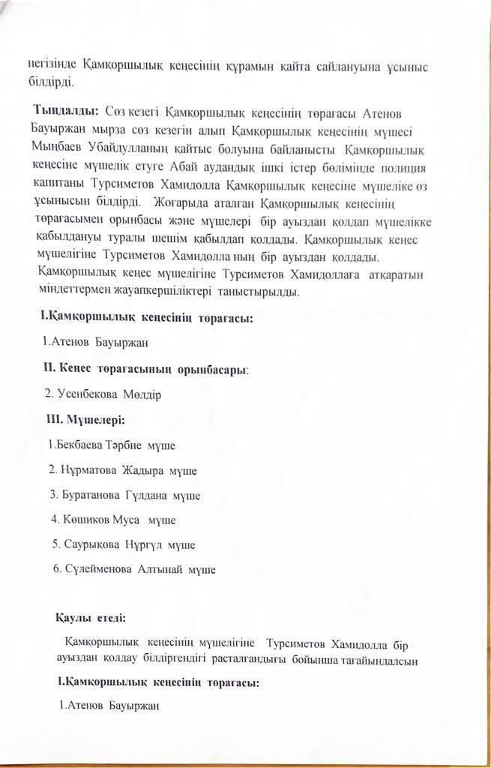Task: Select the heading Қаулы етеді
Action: [91, 619]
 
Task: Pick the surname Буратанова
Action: [93, 495]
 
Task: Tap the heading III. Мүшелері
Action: [85, 419]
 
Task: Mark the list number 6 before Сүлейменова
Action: [57, 569]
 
